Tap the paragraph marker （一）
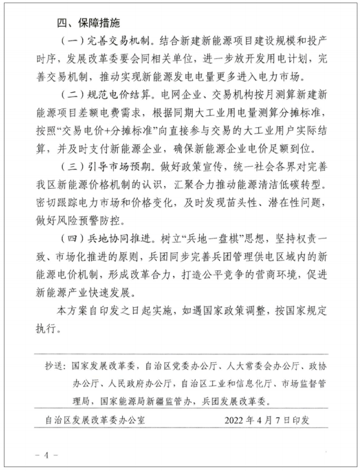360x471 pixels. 69,41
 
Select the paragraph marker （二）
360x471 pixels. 69,96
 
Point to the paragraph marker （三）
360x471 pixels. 69,170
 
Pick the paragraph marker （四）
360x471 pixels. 69,244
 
